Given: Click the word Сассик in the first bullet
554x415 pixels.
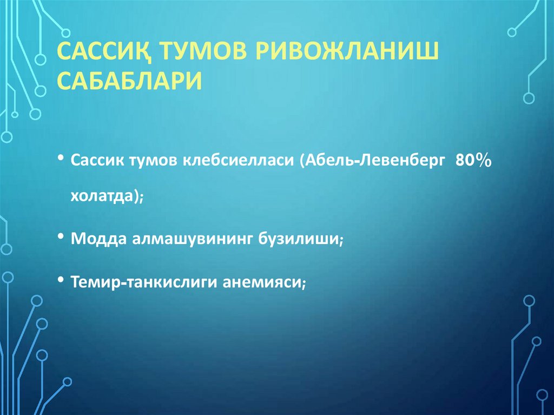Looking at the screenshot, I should [98, 162].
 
